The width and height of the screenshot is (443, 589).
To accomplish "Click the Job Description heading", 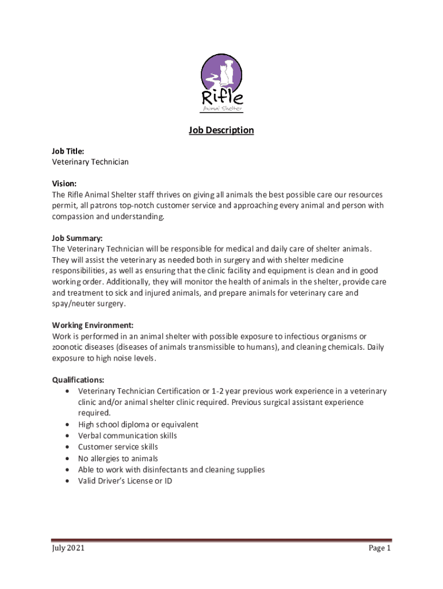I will (221, 130).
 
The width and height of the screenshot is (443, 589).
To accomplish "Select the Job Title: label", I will (68, 151).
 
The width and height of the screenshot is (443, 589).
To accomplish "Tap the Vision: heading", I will (64, 183).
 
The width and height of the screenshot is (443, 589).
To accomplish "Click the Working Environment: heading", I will (93, 325).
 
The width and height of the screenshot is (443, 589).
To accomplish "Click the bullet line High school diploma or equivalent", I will (138, 424).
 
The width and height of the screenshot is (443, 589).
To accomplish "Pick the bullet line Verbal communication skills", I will (128, 435).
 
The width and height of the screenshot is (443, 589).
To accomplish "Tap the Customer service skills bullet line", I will (118, 447).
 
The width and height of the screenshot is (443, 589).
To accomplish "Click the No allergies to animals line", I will (118, 458).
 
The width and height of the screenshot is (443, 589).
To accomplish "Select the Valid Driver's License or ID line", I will (125, 481).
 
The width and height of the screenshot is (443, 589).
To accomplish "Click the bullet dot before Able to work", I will (69, 470).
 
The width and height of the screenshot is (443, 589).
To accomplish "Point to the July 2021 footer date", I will (68, 548).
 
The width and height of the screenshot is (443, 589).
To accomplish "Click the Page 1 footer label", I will (380, 548).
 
